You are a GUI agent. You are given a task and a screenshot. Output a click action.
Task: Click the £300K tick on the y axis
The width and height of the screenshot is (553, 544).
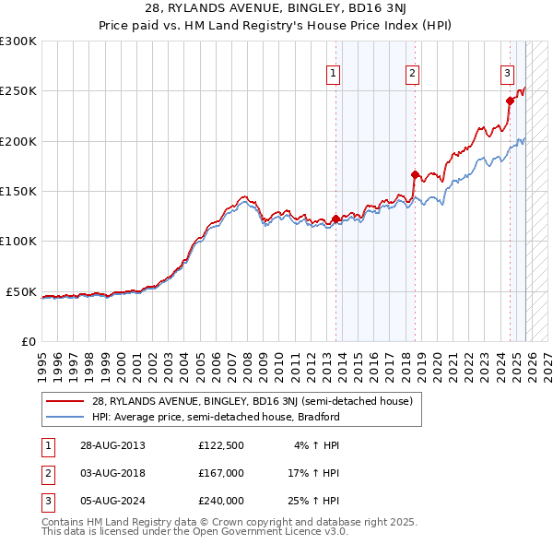18,41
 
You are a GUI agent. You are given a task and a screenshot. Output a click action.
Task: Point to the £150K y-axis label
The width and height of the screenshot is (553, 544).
18,192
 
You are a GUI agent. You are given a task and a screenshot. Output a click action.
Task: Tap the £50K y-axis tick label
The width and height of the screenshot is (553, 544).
21,291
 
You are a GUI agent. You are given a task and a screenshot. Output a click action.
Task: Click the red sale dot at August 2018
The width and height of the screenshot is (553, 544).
415,174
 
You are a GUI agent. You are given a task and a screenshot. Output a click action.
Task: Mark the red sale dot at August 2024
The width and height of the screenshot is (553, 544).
510,101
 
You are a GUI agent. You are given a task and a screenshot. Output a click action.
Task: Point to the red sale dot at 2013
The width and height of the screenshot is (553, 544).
335,219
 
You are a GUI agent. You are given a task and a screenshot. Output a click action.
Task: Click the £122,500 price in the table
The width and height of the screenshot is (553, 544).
220,445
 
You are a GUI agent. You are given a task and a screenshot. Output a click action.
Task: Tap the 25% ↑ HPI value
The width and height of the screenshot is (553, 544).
313,501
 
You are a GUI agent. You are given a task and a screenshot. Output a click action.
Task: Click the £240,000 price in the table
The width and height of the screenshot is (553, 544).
220,501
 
